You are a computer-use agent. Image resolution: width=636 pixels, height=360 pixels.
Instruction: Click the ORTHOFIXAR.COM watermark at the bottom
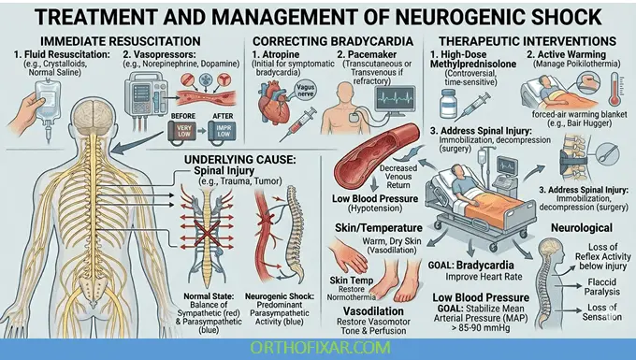(x=318, y=349)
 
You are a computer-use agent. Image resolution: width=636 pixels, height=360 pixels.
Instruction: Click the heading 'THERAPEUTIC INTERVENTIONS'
(x=529, y=41)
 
